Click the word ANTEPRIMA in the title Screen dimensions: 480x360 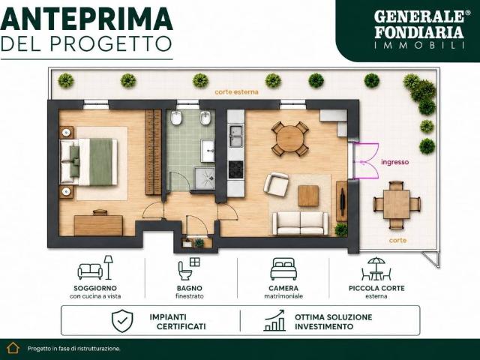(87, 19)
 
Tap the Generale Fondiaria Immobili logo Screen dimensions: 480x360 (419, 29)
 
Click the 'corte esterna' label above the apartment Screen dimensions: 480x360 (236, 91)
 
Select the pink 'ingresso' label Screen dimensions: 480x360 (394, 162)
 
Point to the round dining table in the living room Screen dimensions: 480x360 (289, 139)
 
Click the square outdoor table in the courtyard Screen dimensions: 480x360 (397, 204)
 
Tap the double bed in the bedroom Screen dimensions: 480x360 (88, 162)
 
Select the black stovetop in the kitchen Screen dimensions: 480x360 (236, 169)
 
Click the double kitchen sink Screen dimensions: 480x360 (236, 136)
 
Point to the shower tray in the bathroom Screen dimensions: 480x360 (205, 178)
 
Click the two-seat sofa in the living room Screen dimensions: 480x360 (300, 223)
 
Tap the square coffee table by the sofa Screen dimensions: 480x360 (308, 196)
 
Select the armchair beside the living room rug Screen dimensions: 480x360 (276, 184)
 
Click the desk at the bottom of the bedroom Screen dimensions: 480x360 (98, 225)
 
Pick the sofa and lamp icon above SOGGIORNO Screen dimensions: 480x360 (95, 268)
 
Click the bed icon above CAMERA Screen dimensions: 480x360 (283, 268)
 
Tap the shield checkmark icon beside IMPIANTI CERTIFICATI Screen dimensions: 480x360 (122, 320)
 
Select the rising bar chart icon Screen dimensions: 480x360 (274, 320)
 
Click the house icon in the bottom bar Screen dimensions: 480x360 (13, 348)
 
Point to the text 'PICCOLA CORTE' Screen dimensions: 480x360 (376, 288)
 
